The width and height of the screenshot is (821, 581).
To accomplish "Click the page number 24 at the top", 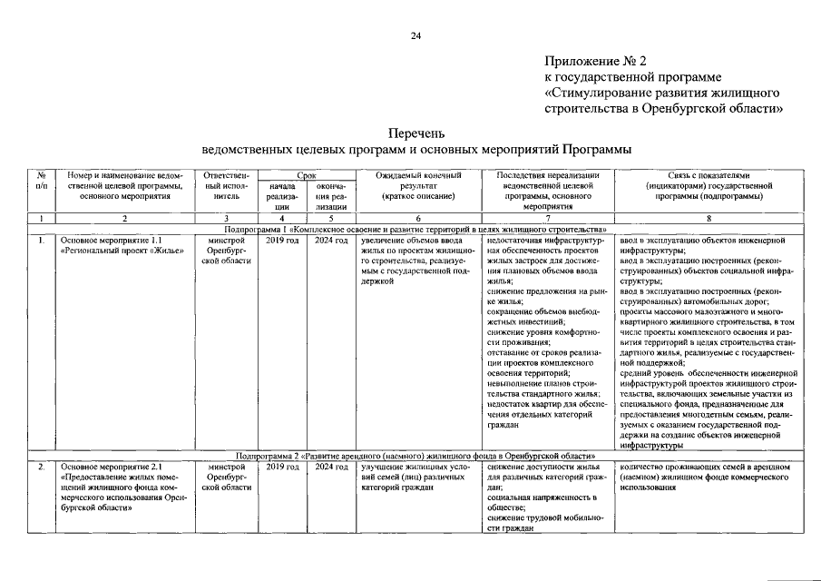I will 415,35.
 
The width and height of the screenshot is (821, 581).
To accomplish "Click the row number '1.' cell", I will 42,241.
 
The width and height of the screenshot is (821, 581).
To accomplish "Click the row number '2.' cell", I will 42,466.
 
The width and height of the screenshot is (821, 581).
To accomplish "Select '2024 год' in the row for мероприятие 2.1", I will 328,466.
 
